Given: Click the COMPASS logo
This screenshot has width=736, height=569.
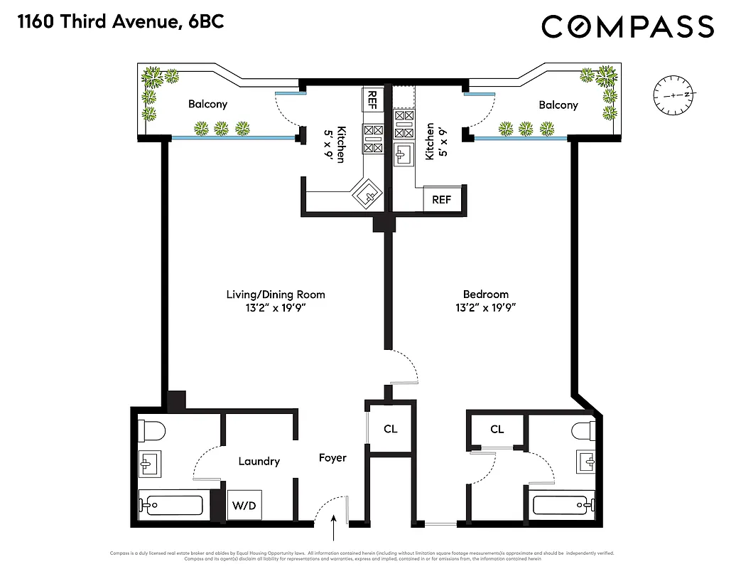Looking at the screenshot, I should [627, 27].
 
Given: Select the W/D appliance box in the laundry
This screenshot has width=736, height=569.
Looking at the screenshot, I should [244, 506].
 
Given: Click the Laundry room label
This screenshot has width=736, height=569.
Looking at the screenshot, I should [259, 462].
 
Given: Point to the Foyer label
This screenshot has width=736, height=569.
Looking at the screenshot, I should [332, 457].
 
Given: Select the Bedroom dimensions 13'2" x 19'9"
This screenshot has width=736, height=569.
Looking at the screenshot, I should [486, 308].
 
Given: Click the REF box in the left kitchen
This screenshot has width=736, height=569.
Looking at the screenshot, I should [372, 100].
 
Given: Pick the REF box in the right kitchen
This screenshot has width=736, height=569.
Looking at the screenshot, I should [441, 200].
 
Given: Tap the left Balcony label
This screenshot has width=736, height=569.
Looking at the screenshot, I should [207, 105].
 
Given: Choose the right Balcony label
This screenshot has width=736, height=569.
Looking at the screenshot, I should [558, 105].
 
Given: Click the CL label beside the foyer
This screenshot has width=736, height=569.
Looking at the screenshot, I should [390, 429].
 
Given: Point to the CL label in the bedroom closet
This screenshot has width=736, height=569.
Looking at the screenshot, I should [497, 429].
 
